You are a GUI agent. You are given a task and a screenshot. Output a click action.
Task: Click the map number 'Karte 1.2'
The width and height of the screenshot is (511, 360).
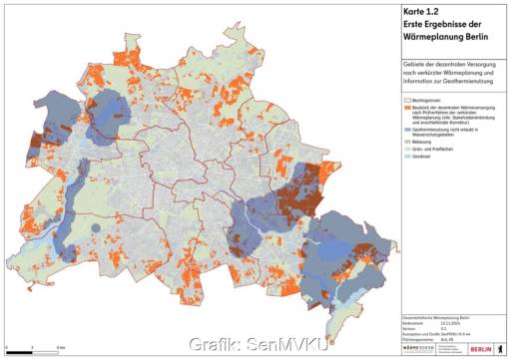409,11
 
